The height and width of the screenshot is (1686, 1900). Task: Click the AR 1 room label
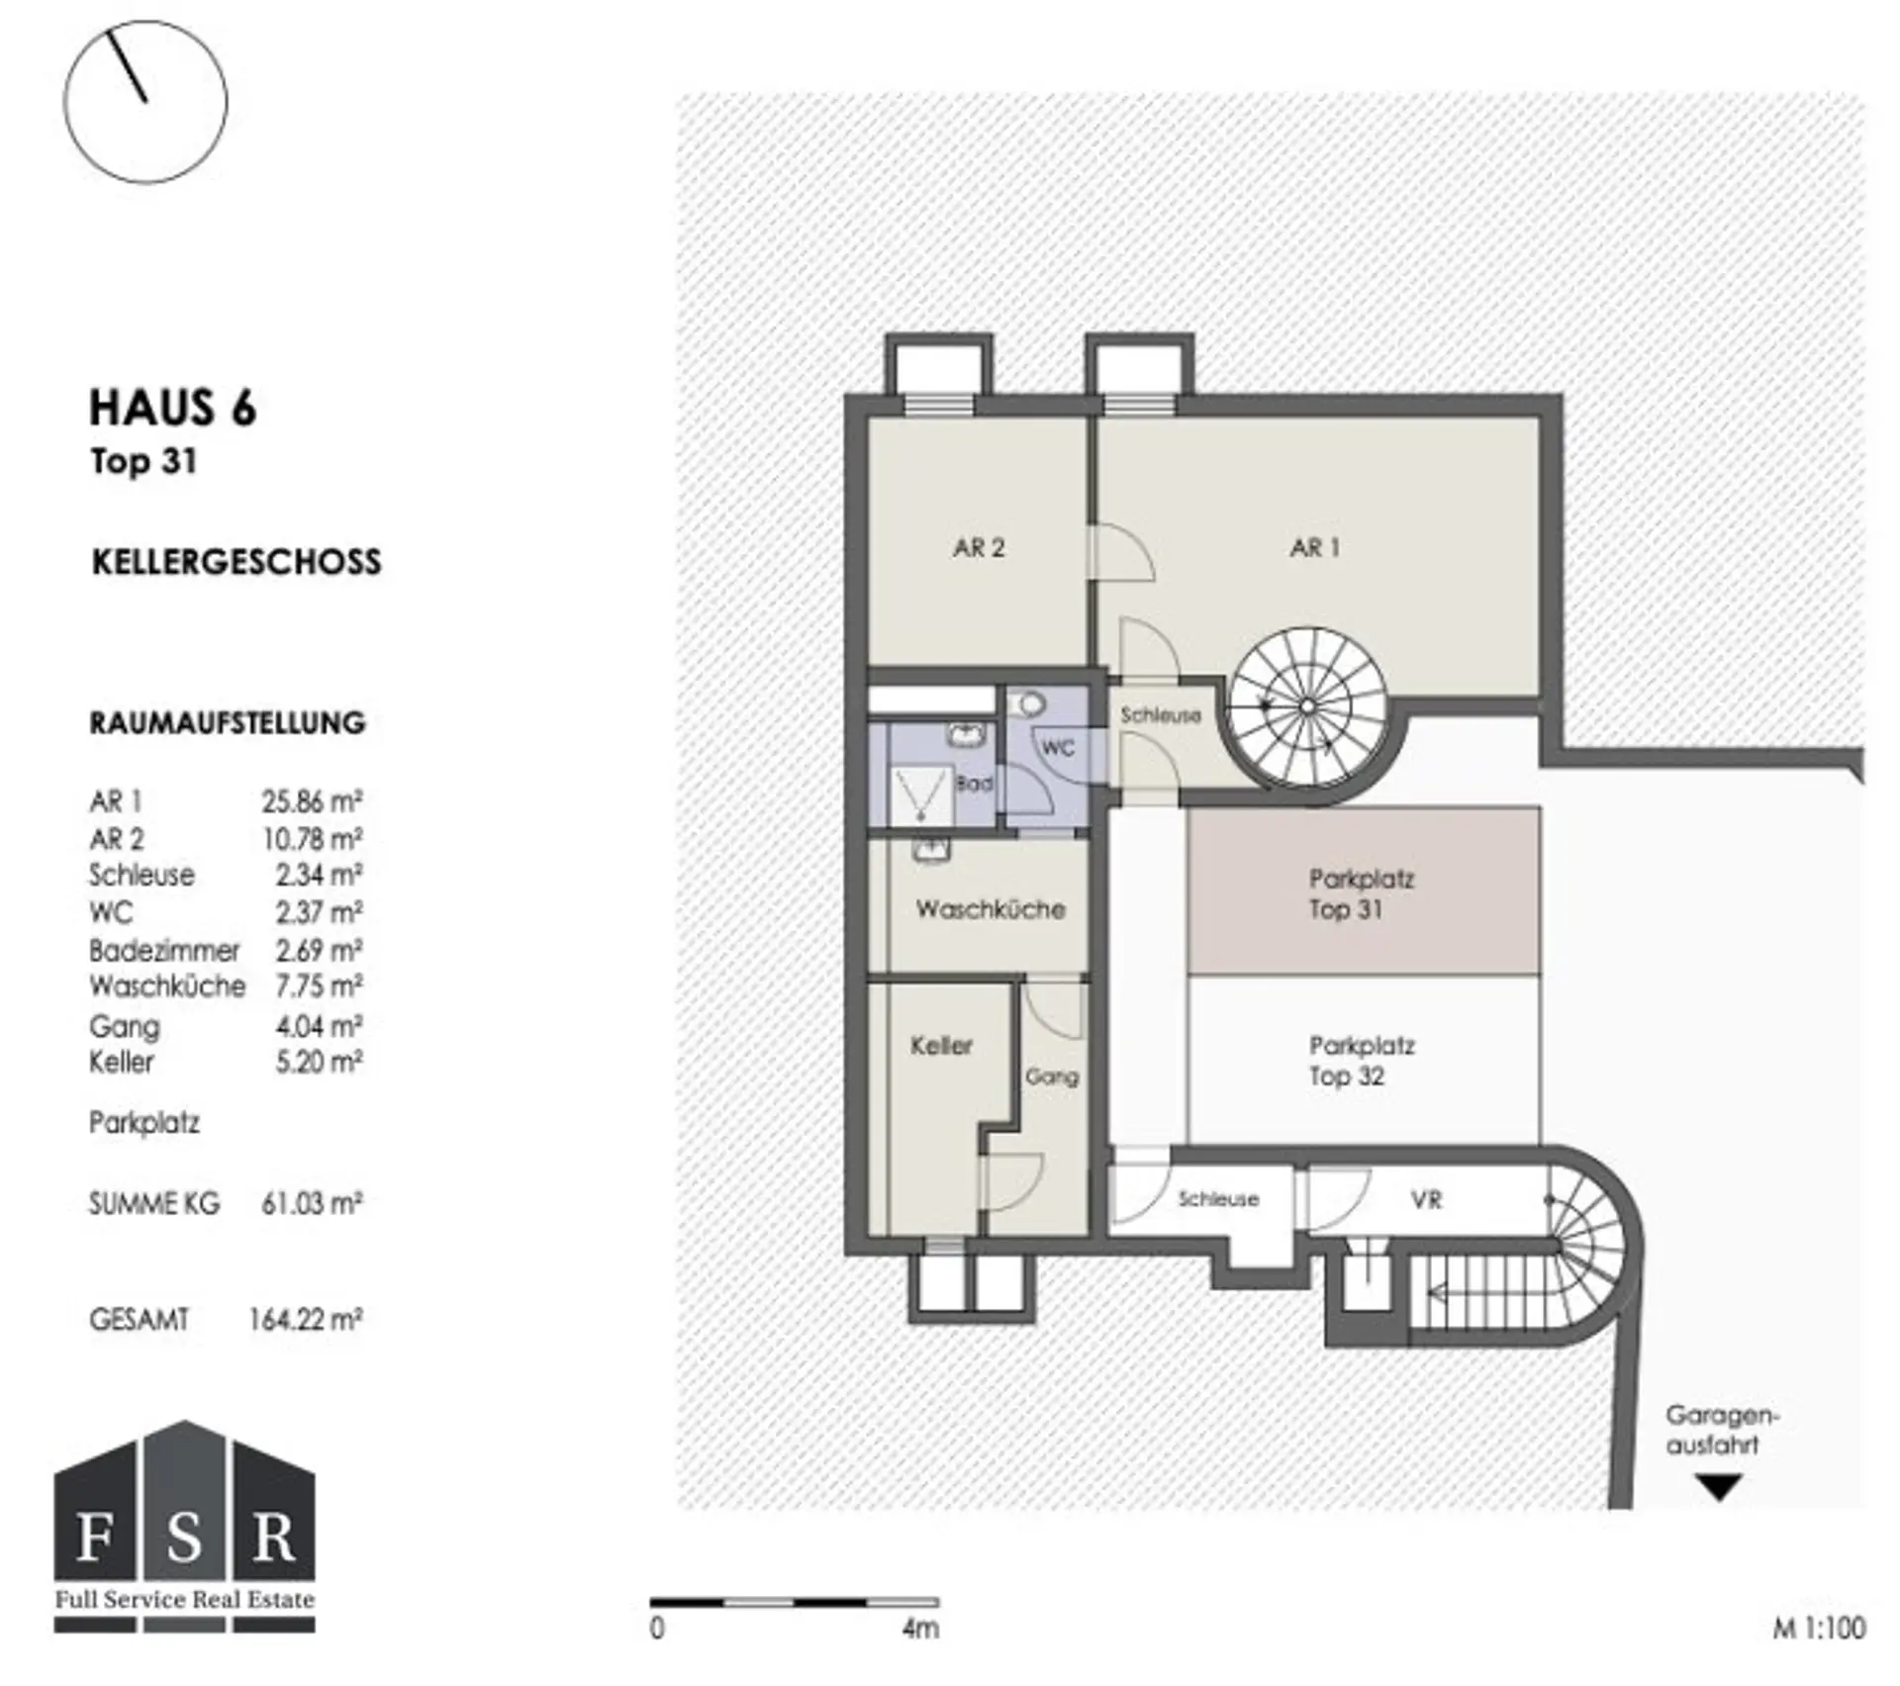[x=1314, y=547]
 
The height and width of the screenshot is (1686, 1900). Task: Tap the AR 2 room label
[x=979, y=547]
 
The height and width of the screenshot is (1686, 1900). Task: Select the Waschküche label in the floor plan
[x=991, y=909]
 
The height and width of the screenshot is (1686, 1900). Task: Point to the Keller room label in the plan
[x=941, y=1045]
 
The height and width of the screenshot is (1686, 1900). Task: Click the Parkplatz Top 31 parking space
[x=1364, y=891]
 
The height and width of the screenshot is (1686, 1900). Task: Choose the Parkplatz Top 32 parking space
[x=1364, y=1060]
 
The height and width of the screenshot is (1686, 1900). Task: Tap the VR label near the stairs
[x=1426, y=1200]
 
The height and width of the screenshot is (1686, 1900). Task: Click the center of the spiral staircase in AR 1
[x=1306, y=705]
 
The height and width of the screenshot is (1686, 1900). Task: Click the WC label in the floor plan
[x=1058, y=748]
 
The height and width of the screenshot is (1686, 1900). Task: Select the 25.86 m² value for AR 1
[x=312, y=800]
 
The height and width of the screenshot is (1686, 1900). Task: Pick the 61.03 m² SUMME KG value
[x=312, y=1203]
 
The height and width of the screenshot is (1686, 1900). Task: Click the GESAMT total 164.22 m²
[x=305, y=1319]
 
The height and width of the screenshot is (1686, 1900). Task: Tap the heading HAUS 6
[x=173, y=408]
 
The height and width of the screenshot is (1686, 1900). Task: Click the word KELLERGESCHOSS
[x=237, y=562]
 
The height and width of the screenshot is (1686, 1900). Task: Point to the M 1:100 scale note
[x=1819, y=1628]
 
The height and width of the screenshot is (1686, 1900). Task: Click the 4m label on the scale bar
[x=919, y=1628]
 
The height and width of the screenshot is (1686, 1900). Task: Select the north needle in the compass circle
[x=127, y=66]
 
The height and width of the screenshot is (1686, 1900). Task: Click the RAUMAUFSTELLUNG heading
[x=228, y=723]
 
